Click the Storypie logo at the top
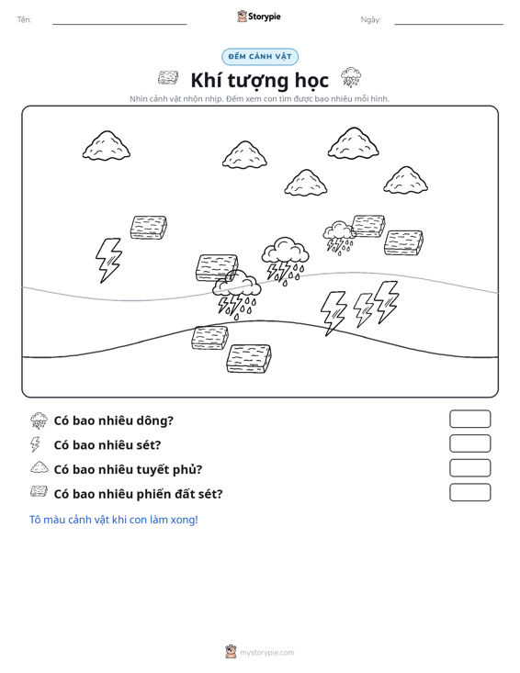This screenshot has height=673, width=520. (259, 17)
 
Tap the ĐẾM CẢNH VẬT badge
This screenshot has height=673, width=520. (260, 57)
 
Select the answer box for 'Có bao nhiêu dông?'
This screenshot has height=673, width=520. (469, 419)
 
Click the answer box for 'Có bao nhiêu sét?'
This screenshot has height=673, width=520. (469, 443)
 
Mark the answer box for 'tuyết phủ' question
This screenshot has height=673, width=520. (469, 468)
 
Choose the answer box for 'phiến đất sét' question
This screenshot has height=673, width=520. (469, 492)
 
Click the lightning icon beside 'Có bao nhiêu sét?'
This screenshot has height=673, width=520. (36, 444)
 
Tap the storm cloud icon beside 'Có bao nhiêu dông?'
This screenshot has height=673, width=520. (39, 421)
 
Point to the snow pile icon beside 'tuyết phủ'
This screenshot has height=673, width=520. (40, 467)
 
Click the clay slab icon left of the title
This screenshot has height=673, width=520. (168, 78)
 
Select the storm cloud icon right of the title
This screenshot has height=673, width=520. (351, 77)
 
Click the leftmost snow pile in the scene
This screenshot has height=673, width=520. (107, 146)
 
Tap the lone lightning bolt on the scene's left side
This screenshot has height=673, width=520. (108, 260)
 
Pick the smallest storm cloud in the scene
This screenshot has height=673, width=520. (339, 238)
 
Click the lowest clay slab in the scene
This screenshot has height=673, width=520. (249, 358)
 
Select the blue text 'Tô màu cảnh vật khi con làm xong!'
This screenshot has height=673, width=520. (113, 520)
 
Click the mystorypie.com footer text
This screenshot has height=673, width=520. (266, 653)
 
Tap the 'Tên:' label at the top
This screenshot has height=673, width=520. (25, 19)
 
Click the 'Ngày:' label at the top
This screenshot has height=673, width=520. (370, 20)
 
